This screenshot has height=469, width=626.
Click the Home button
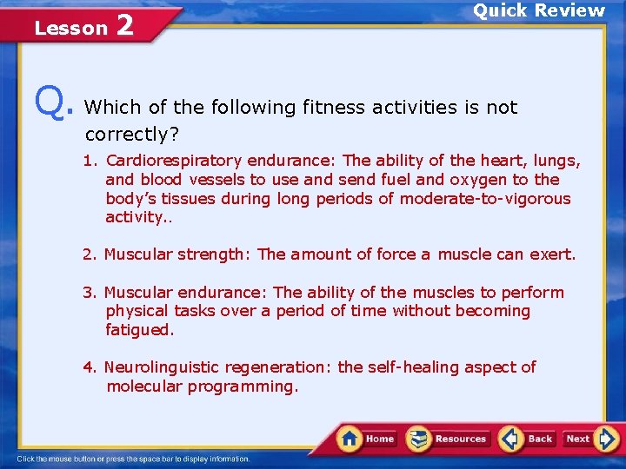click(x=367, y=439)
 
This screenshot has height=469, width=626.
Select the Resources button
click(x=448, y=439)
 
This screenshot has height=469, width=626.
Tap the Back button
click(x=527, y=439)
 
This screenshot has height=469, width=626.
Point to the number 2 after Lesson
click(x=124, y=25)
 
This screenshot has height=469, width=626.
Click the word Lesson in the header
click(x=70, y=28)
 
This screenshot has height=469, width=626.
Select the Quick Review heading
click(x=538, y=11)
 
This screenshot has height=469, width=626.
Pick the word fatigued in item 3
click(x=140, y=330)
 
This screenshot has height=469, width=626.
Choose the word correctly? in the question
click(x=125, y=135)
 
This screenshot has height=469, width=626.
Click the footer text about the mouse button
click(x=134, y=459)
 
